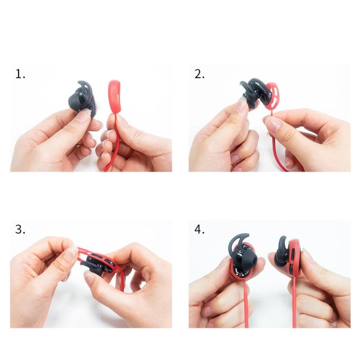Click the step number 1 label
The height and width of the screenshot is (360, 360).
click(20, 74)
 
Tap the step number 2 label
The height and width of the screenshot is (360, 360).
click(199, 74)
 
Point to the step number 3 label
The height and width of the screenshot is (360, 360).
click(20, 229)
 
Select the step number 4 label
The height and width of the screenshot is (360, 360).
click(199, 229)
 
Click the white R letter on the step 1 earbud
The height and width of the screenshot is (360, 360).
click(81, 94)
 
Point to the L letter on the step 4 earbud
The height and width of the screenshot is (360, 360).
click(240, 252)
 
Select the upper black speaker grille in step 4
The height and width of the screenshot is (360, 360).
click(292, 254)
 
